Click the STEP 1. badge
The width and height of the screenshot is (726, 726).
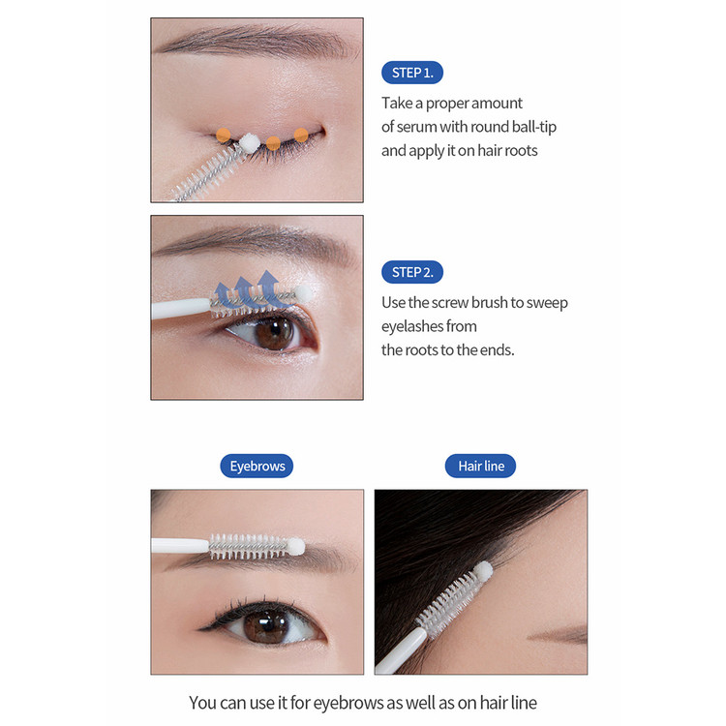coord(412,73)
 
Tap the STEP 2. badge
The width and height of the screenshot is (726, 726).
coord(412,272)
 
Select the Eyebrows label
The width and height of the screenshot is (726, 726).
coord(257,466)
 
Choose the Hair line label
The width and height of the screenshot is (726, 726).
coord(480,466)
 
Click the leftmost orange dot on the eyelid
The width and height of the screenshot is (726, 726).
coord(224,136)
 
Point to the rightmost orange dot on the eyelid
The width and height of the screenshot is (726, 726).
coord(301,136)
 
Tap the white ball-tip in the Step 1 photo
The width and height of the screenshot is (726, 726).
coord(249,142)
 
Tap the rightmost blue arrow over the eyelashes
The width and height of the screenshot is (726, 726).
coord(270,287)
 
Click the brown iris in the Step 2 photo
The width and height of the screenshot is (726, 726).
coord(275,333)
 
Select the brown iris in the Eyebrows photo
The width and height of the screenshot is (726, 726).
coord(266,626)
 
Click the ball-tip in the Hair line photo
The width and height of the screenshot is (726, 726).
coord(483,571)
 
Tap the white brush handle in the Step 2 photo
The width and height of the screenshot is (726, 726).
coord(181,309)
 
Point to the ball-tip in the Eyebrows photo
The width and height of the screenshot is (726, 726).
coord(295,546)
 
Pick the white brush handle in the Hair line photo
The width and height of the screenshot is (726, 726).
coord(401,651)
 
